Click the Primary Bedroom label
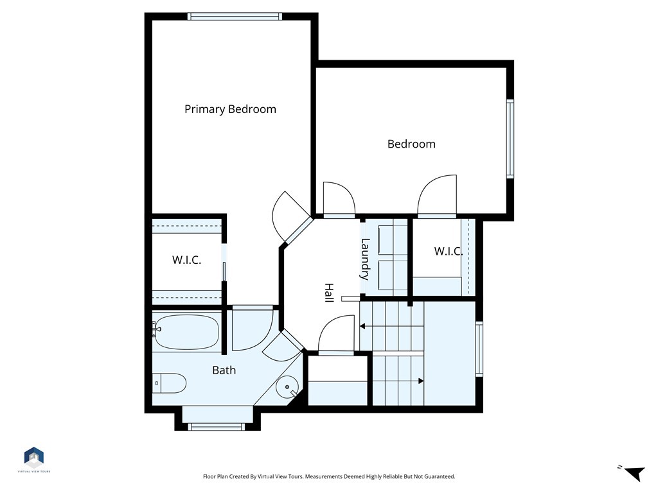click(230, 109)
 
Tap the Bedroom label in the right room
click(411, 144)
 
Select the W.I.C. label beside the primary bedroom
click(186, 260)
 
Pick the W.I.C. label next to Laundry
click(448, 251)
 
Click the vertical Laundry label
click(365, 259)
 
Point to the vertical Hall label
click(328, 293)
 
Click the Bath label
click(224, 370)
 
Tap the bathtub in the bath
click(187, 332)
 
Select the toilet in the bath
click(170, 383)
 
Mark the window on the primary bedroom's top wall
click(235, 17)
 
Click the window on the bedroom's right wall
click(510, 139)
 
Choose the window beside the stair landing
click(479, 348)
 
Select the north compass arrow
click(634, 473)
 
